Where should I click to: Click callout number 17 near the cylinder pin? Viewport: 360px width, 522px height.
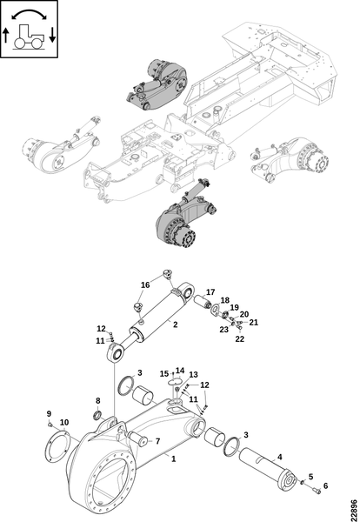210,292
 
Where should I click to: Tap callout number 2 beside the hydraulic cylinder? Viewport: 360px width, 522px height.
176,325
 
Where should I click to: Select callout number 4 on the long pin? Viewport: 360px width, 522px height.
279,457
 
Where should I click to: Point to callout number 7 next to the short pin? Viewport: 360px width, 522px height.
157,441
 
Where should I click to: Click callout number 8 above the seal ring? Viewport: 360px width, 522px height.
97,401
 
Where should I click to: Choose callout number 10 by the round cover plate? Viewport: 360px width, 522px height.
64,423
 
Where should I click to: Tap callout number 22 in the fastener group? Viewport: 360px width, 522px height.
239,339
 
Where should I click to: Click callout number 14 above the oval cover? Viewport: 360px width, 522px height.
180,371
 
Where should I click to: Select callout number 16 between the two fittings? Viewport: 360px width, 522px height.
145,285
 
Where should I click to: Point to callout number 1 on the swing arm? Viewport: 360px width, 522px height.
173,458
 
